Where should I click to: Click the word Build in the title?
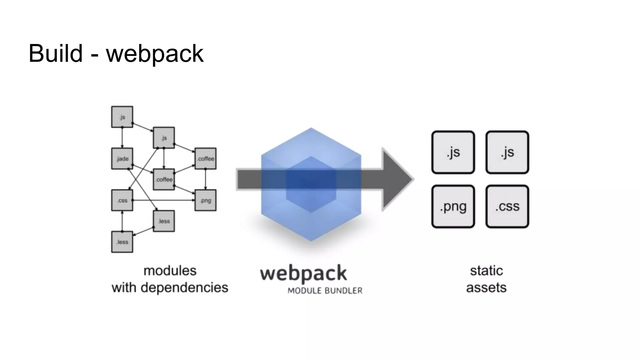(55, 53)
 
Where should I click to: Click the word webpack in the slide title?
(155, 54)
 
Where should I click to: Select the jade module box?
(122, 158)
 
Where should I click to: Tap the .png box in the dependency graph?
(205, 200)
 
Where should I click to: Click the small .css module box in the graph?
(122, 200)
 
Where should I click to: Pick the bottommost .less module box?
(122, 242)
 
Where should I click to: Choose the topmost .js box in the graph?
(122, 117)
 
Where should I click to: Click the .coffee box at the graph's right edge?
(205, 158)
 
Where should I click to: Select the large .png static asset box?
(453, 207)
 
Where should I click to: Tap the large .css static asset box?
(507, 207)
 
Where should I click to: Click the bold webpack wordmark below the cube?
(303, 274)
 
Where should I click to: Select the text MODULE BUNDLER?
(325, 291)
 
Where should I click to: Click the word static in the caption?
(486, 271)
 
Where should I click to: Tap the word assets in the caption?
(486, 287)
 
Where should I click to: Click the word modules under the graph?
(170, 271)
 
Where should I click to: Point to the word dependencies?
(184, 287)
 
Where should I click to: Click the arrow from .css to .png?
(162, 200)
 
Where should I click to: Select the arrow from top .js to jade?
(122, 137)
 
